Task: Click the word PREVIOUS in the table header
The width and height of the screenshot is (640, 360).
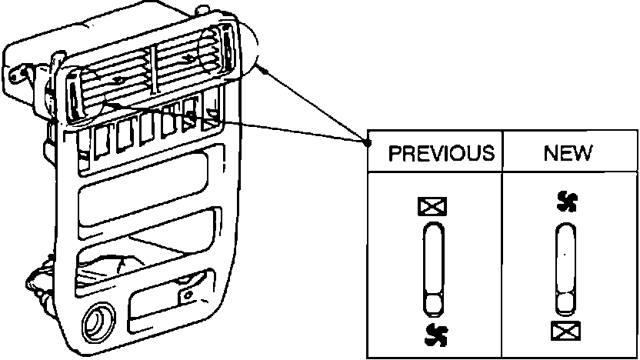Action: [x=441, y=153]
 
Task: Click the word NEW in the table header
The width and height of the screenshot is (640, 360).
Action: [x=568, y=153]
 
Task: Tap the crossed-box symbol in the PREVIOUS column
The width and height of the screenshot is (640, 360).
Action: [x=432, y=206]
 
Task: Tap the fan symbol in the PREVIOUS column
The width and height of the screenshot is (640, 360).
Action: [x=435, y=333]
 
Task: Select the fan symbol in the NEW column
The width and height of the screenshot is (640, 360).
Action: [x=566, y=202]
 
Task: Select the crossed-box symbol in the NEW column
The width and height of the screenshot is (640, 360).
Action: [x=565, y=332]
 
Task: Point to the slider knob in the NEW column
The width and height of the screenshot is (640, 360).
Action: [x=565, y=302]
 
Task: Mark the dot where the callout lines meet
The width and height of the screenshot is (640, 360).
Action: [x=365, y=141]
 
